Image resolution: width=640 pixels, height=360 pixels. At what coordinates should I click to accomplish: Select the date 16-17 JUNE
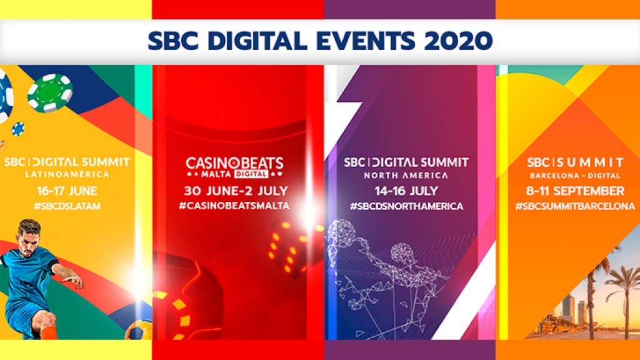66,190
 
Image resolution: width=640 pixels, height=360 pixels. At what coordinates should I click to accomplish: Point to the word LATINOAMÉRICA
66,174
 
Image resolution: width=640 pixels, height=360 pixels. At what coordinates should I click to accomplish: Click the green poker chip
50,92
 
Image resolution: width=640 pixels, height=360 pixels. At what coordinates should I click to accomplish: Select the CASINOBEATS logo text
234,164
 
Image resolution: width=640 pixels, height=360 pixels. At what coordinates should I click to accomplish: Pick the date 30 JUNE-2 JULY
236,190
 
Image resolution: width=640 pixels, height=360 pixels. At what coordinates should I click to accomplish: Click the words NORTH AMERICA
406,175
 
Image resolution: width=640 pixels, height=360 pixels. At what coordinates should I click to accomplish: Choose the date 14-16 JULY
406,190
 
